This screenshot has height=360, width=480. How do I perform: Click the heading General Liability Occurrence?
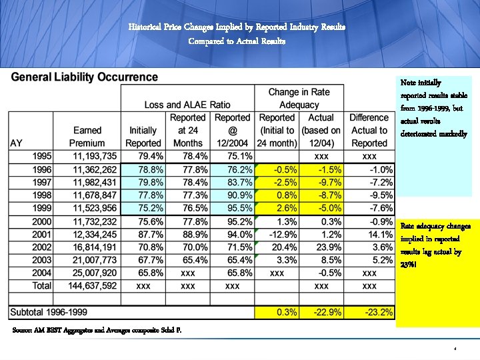[83, 77]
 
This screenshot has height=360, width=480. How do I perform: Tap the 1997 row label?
[42, 181]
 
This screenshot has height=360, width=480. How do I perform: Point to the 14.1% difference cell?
[377, 233]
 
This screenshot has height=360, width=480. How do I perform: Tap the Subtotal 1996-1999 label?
[57, 311]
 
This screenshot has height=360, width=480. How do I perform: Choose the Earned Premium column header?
[87, 137]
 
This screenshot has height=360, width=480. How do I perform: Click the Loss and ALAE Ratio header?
[187, 105]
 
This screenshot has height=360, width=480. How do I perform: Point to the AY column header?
[16, 143]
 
